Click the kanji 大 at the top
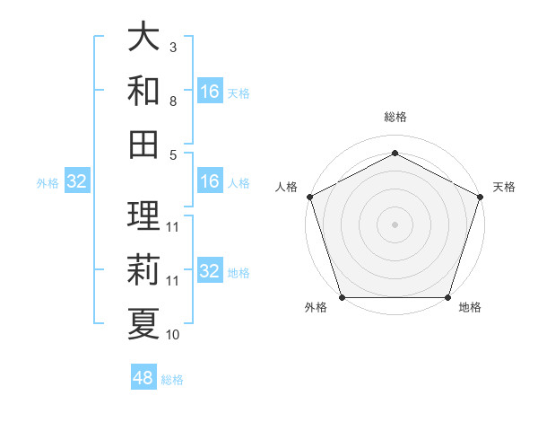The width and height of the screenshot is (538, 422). (143, 39)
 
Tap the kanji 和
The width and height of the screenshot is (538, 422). (143, 91)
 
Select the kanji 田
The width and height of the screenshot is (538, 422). (143, 145)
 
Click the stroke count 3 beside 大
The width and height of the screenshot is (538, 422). (173, 47)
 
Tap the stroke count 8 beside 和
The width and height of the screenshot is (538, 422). (173, 101)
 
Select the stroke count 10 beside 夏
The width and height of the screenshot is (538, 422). (173, 335)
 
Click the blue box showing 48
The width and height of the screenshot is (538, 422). (143, 378)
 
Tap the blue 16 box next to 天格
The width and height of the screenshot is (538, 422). (210, 92)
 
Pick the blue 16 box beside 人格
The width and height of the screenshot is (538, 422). (210, 181)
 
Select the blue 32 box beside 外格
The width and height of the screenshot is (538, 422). (77, 181)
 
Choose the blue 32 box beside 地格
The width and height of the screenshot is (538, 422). (210, 271)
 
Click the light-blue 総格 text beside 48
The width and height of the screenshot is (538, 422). (172, 380)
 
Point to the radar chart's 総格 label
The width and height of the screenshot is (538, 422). (395, 117)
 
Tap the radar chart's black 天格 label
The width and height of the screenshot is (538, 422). (504, 187)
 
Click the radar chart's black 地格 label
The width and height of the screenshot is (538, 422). (470, 308)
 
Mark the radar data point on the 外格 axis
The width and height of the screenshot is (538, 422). (342, 297)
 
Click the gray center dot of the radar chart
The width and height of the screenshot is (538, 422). (395, 224)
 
